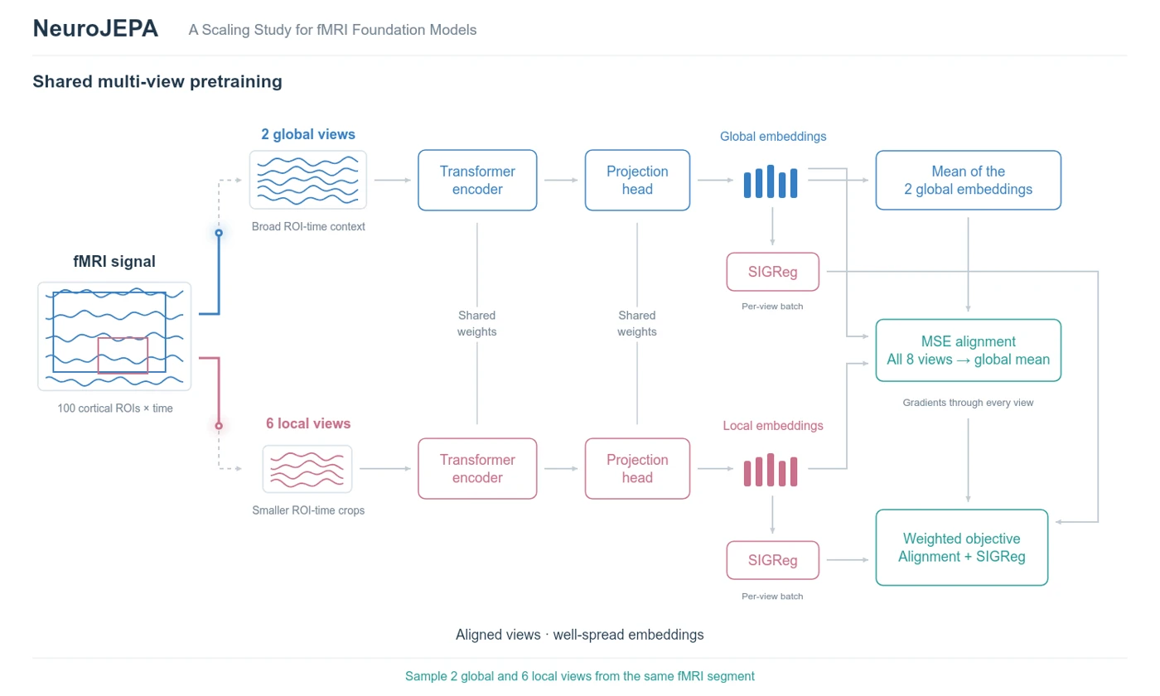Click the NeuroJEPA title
coord(95,28)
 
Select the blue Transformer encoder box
coord(477,181)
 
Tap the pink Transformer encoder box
coord(477,469)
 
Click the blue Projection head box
coord(637,181)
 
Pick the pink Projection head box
coord(637,469)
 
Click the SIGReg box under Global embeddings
coord(772,272)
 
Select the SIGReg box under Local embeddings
coord(772,560)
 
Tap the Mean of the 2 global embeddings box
coord(968,181)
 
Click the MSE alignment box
coord(968,350)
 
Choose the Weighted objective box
coord(962,548)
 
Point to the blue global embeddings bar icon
coord(771,181)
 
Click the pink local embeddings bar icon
coord(771,471)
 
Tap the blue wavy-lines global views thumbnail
coord(308,180)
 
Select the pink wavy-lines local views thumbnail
coord(307,469)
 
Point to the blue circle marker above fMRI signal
coord(219,233)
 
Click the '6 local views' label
coord(308,423)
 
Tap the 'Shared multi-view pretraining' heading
coord(157,82)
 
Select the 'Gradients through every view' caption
coord(968,403)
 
